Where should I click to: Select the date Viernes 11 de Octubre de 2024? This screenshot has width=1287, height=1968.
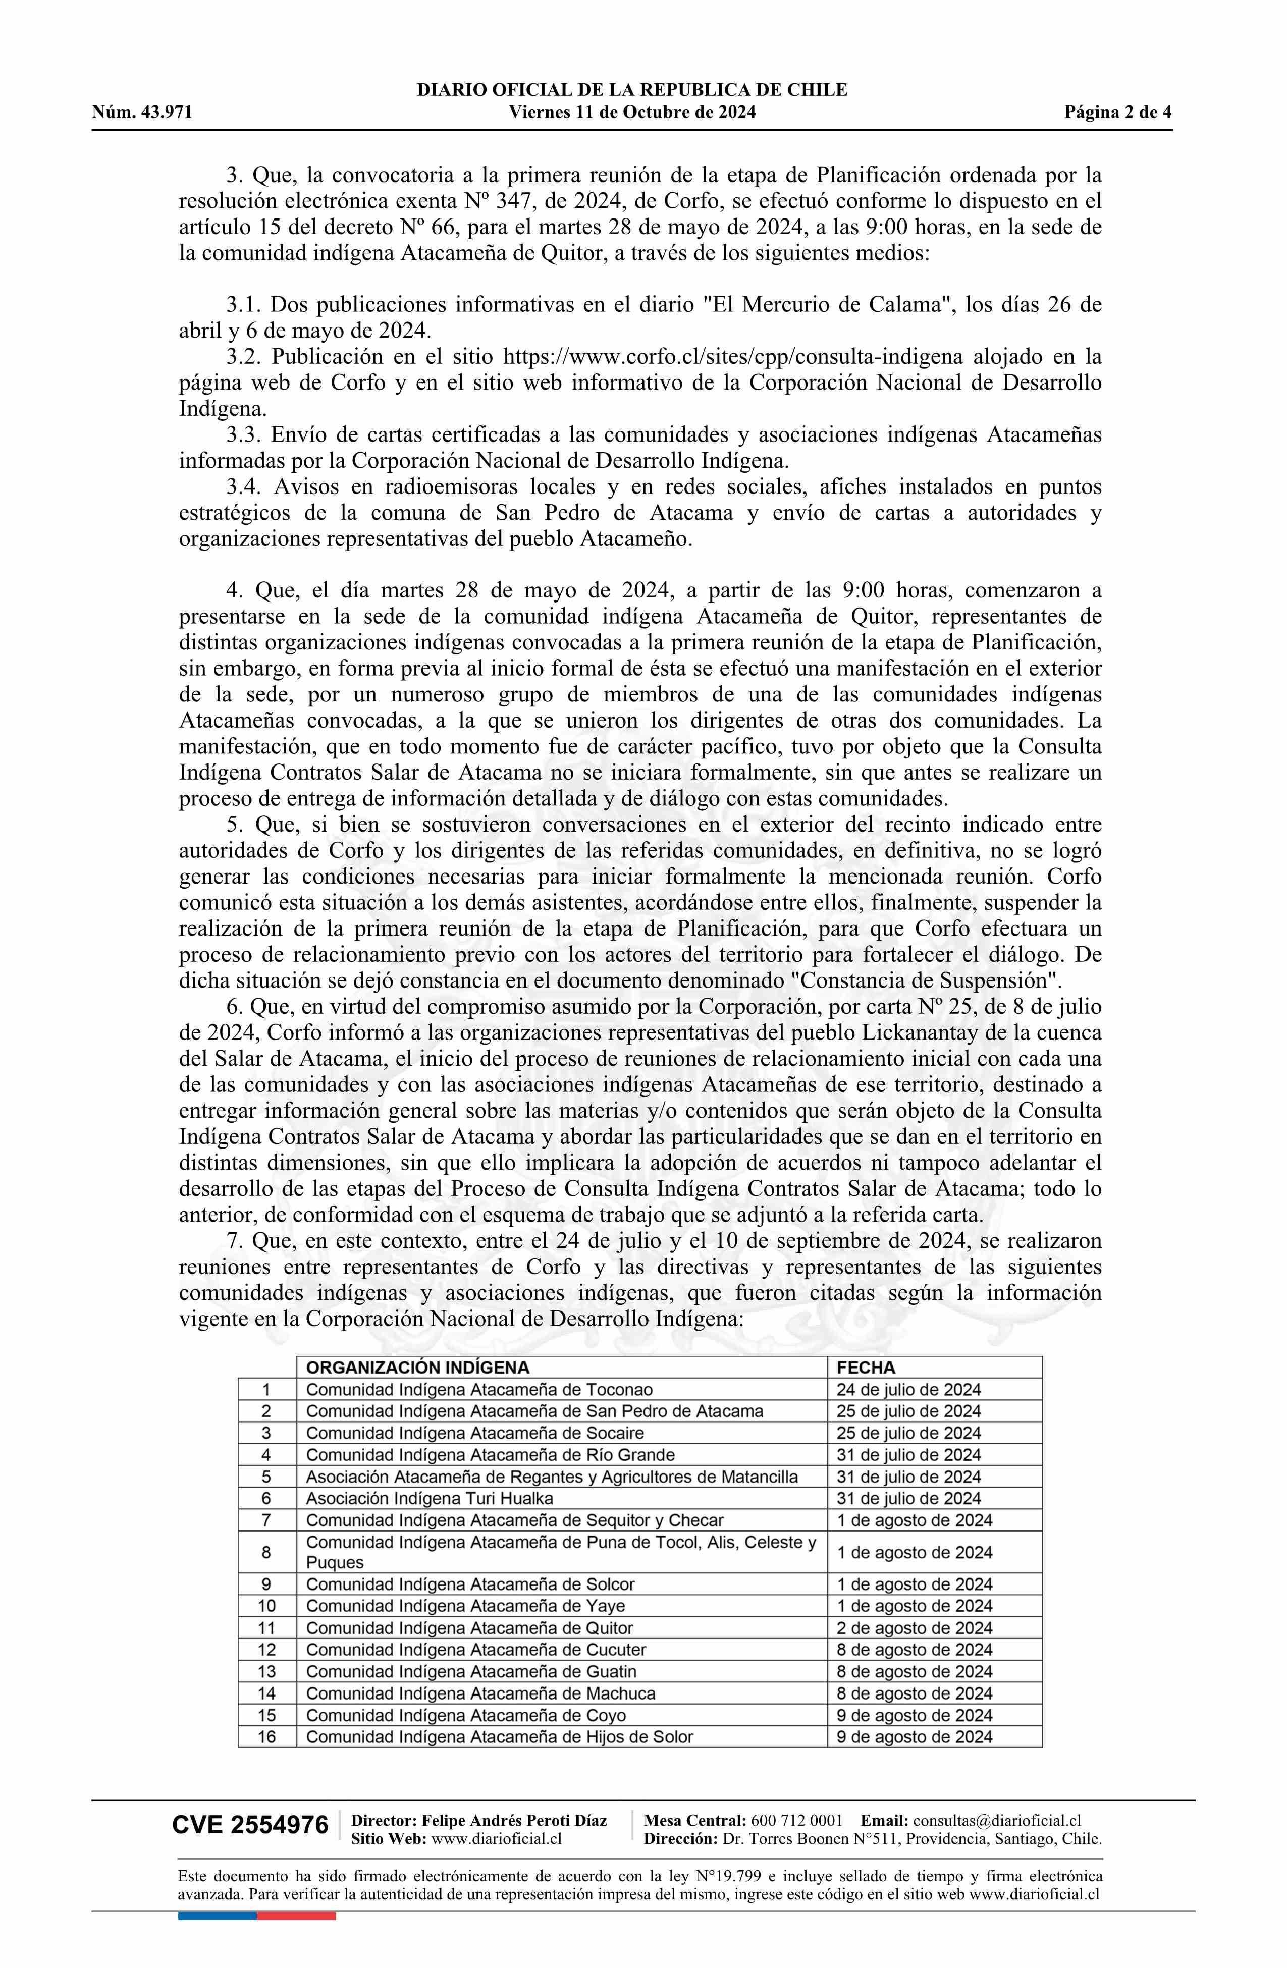[632, 113]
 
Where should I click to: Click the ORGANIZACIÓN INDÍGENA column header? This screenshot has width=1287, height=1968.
[418, 1368]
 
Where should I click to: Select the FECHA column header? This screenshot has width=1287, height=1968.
[866, 1368]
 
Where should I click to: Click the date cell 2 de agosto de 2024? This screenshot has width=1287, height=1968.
[914, 1627]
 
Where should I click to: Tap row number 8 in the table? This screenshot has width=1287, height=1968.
[266, 1552]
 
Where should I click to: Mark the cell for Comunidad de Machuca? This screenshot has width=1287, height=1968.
[480, 1692]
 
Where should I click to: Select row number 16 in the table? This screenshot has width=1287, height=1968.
[266, 1736]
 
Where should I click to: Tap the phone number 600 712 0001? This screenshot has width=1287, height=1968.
[796, 1821]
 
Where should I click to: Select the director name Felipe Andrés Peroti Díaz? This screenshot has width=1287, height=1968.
[514, 1821]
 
